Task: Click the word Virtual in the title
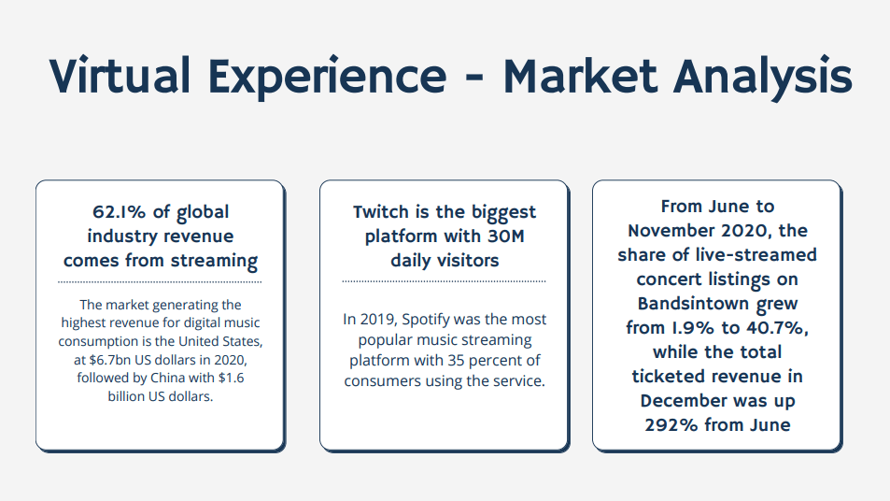click(120, 75)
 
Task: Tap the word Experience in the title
click(328, 78)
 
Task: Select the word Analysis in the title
click(762, 78)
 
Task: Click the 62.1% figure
click(120, 212)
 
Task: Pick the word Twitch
click(381, 212)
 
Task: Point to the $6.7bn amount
click(110, 360)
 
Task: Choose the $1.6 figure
click(231, 378)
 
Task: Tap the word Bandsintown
click(693, 304)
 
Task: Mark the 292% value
click(671, 425)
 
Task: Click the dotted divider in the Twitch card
click(444, 281)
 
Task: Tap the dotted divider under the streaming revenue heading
click(160, 281)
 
